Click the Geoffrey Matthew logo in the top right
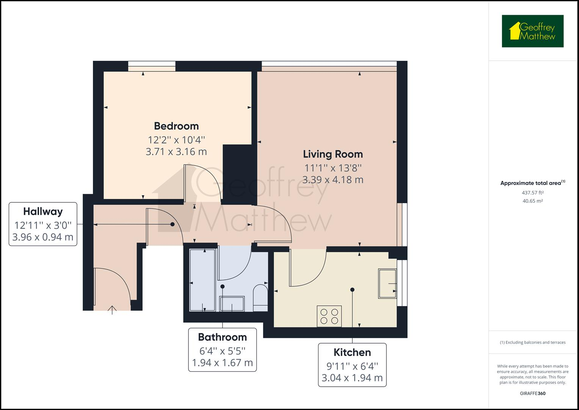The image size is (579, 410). click(532, 31)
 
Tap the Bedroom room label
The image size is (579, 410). click(176, 126)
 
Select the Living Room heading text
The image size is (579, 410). click(333, 154)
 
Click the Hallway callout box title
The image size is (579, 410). click(43, 211)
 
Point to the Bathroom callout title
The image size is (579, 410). click(222, 337)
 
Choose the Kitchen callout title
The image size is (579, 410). click(352, 352)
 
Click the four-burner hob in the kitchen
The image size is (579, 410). click(329, 316)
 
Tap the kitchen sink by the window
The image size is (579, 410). click(387, 284)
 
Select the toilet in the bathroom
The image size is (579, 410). click(260, 296)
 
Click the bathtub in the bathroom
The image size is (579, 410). click(202, 280)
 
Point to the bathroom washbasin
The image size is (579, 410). click(232, 304)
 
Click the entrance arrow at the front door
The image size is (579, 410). click(112, 310)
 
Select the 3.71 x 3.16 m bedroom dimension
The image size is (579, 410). click(176, 152)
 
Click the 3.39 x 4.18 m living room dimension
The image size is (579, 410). click(333, 180)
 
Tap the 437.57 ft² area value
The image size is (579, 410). click(532, 192)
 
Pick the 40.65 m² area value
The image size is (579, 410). click(532, 201)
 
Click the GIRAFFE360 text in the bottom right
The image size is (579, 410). click(532, 393)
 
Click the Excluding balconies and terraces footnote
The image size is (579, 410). click(532, 342)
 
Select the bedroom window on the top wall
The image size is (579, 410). click(152, 66)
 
